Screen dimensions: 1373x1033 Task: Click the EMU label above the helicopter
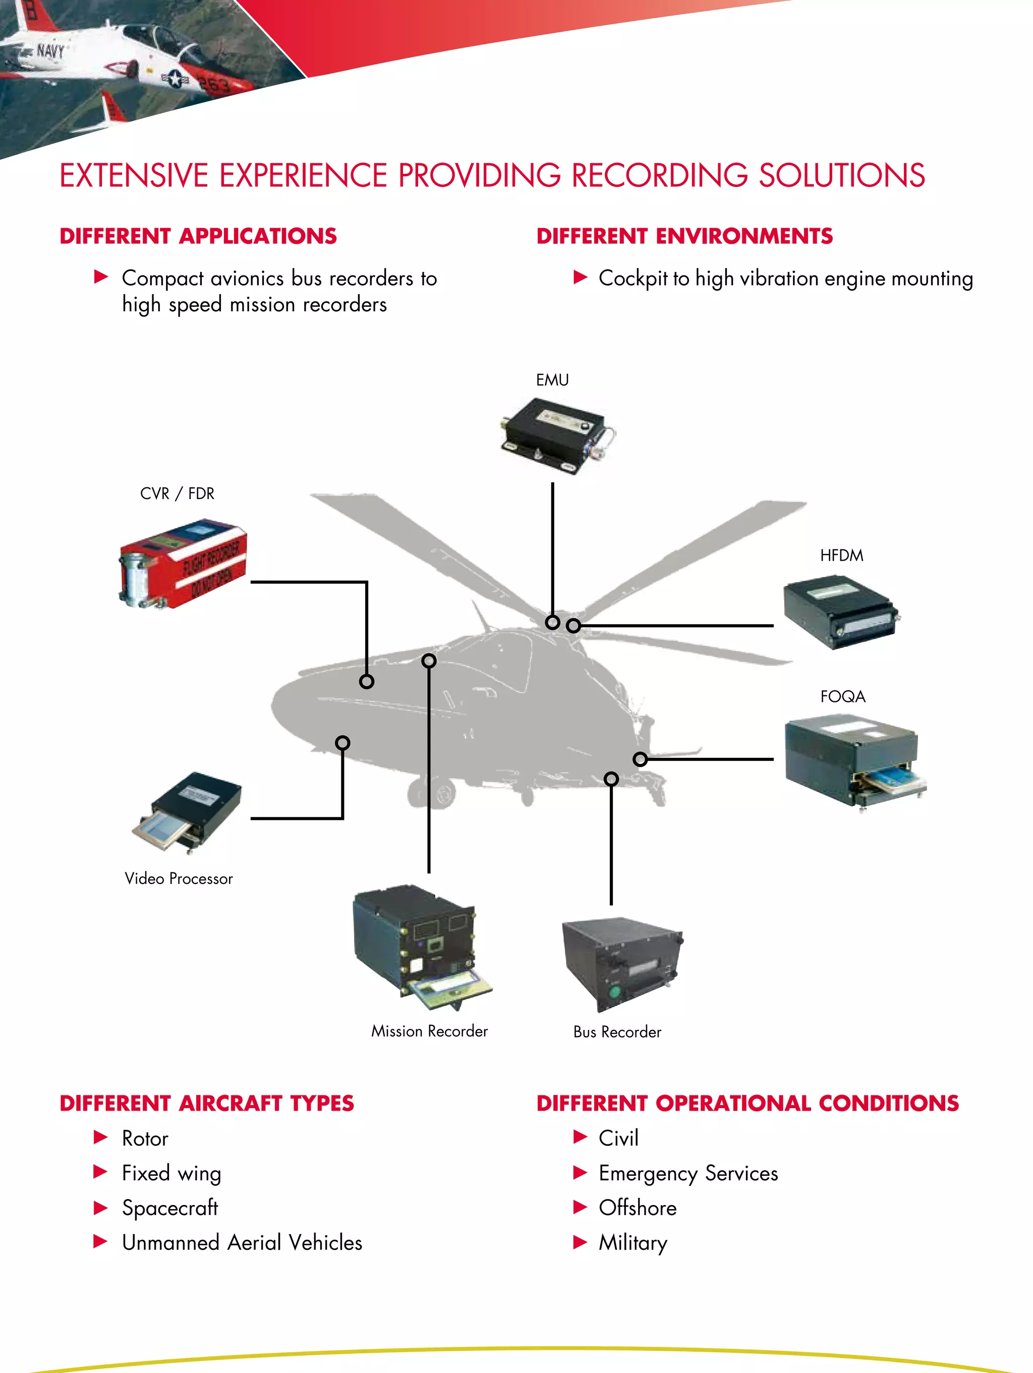click(552, 380)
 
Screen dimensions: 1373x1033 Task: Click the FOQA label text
click(842, 696)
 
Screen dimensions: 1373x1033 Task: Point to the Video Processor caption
click(179, 878)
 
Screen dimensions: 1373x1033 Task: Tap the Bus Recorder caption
click(617, 1031)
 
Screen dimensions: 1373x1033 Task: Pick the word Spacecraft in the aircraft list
click(170, 1207)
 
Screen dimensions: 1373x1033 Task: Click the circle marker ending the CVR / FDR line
click(367, 682)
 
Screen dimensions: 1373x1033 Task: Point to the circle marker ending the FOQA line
click(640, 758)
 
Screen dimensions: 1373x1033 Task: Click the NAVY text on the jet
click(49, 49)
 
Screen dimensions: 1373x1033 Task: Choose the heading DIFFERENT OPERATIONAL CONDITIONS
click(748, 1103)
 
